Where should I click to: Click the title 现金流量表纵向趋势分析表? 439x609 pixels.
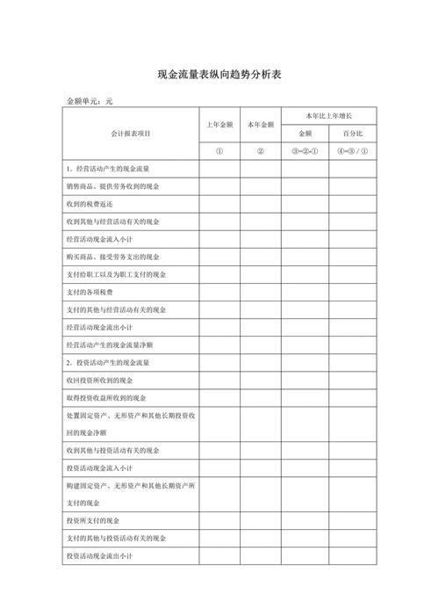pos(219,76)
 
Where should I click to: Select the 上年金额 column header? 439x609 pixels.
pos(219,125)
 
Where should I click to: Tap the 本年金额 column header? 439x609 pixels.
pos(261,125)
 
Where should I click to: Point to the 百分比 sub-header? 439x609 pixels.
pos(351,134)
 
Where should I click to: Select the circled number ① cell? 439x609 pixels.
pos(219,151)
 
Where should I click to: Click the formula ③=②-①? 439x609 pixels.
pos(305,151)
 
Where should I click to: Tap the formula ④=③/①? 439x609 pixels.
pos(351,151)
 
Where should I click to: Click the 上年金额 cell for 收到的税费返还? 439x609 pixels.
pos(219,203)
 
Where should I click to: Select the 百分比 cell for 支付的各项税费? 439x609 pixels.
pos(351,291)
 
